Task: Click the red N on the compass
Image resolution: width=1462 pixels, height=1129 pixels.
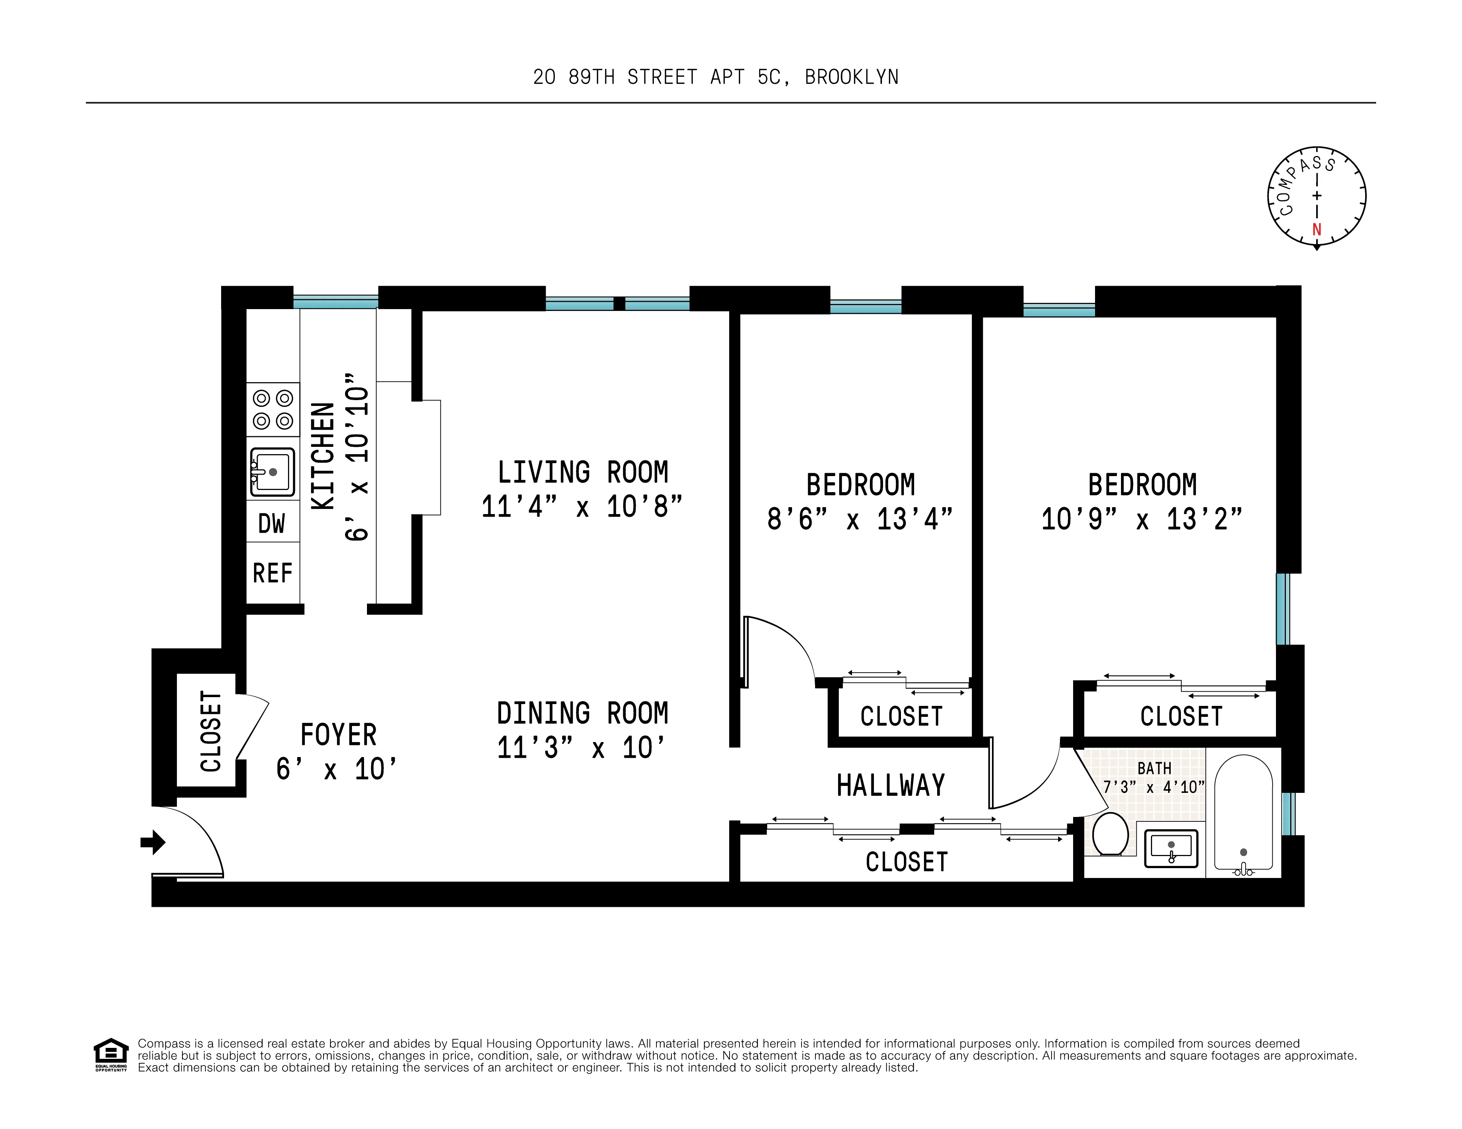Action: [1316, 229]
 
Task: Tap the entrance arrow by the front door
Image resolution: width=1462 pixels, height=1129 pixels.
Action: [153, 842]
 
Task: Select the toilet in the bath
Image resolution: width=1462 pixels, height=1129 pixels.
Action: [1110, 835]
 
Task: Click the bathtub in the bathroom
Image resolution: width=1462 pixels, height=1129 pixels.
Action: [1243, 814]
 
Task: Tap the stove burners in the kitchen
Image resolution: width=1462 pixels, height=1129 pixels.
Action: [272, 409]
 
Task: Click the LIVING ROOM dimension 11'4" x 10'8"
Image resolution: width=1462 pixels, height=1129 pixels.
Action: [582, 507]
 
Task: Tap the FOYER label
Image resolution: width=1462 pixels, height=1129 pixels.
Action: [338, 735]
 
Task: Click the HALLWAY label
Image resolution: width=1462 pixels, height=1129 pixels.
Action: [890, 786]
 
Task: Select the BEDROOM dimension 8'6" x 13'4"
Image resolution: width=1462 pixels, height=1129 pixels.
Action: [860, 519]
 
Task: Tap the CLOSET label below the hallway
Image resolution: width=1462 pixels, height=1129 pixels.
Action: [906, 862]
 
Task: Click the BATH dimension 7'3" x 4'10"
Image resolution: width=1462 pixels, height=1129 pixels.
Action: [1154, 787]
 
